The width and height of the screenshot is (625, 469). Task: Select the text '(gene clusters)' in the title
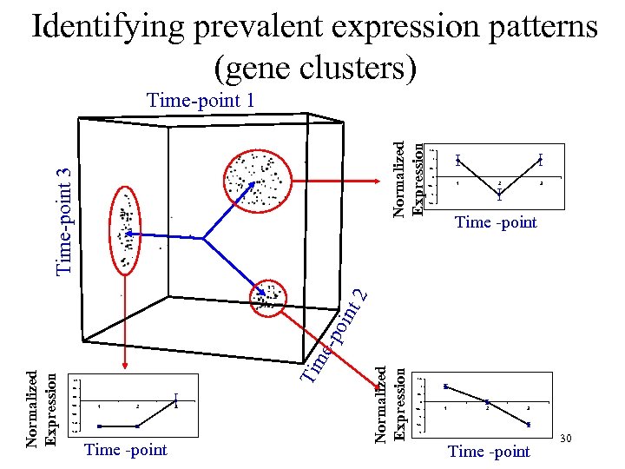pos(314,67)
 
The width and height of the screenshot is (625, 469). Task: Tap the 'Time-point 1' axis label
pos(201,101)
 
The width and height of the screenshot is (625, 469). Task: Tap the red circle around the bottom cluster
pos(269,300)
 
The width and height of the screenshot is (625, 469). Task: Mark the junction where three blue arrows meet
pos(201,238)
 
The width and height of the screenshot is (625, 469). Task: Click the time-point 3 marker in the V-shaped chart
pos(540,160)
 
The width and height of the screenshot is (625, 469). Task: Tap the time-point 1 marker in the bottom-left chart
pos(99,426)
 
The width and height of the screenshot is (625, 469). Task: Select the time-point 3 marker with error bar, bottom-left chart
pos(175,400)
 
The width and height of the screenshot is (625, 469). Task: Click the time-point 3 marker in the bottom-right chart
pos(529,425)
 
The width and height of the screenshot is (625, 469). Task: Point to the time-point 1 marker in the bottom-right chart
pos(446,386)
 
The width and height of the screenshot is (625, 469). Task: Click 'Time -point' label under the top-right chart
pos(496,222)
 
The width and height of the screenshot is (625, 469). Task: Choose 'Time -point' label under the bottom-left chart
pos(126,449)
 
